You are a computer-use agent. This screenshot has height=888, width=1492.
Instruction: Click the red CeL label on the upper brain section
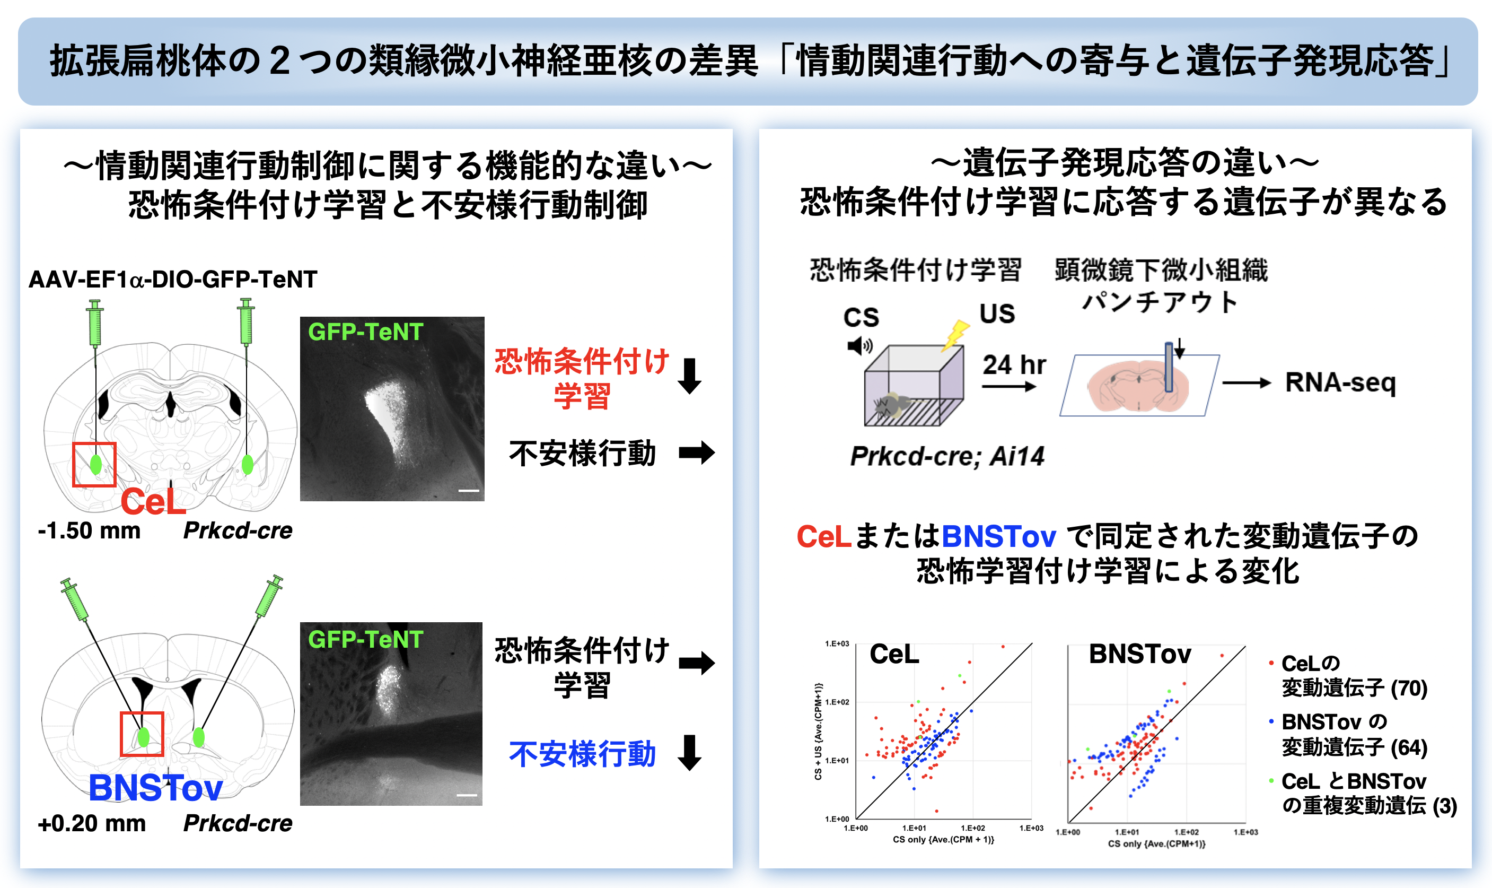tap(153, 501)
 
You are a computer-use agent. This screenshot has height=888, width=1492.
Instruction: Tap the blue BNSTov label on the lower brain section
tap(155, 787)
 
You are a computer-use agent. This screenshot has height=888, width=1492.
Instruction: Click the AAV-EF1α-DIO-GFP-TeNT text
tap(173, 280)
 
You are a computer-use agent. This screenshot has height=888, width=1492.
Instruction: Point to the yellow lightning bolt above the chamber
tap(955, 335)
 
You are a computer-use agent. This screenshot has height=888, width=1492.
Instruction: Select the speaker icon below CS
tap(860, 346)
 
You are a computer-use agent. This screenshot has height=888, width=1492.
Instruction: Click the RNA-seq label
tap(1341, 382)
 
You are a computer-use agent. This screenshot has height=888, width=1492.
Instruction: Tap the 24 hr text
tap(1014, 364)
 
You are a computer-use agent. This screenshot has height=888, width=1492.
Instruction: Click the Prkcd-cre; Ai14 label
tap(947, 456)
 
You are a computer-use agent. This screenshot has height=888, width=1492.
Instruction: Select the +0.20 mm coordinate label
tap(92, 823)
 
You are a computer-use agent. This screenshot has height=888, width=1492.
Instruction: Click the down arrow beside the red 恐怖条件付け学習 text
tap(689, 376)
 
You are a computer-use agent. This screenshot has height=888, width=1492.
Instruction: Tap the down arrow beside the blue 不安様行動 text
tap(689, 753)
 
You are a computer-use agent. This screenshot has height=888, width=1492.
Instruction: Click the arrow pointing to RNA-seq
tap(1246, 383)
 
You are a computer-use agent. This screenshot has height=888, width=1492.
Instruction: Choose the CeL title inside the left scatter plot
tap(894, 654)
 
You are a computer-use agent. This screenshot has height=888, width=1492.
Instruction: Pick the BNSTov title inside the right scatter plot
tap(1140, 654)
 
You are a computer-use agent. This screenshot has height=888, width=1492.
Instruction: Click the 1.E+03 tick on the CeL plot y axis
tap(837, 644)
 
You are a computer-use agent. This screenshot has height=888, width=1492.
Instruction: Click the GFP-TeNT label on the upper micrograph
tap(365, 332)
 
